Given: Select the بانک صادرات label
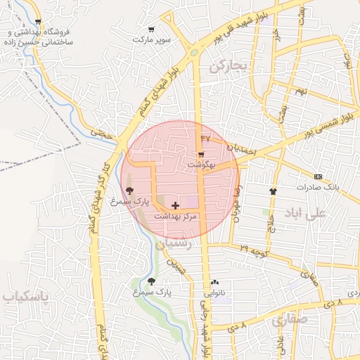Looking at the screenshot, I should point(318,187).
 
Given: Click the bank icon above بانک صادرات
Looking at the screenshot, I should point(318,176).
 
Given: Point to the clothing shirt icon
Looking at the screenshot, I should point(273,191).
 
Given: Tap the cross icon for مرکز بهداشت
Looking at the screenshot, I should point(175,205).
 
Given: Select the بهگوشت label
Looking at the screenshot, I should point(201,165).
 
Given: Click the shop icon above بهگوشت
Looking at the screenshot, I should point(201,154).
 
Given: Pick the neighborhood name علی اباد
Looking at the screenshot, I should point(307,212).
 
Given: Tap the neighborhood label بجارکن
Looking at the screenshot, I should point(229,67).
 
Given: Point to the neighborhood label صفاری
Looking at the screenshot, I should point(289,321).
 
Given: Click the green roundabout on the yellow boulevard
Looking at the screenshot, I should point(193,51).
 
